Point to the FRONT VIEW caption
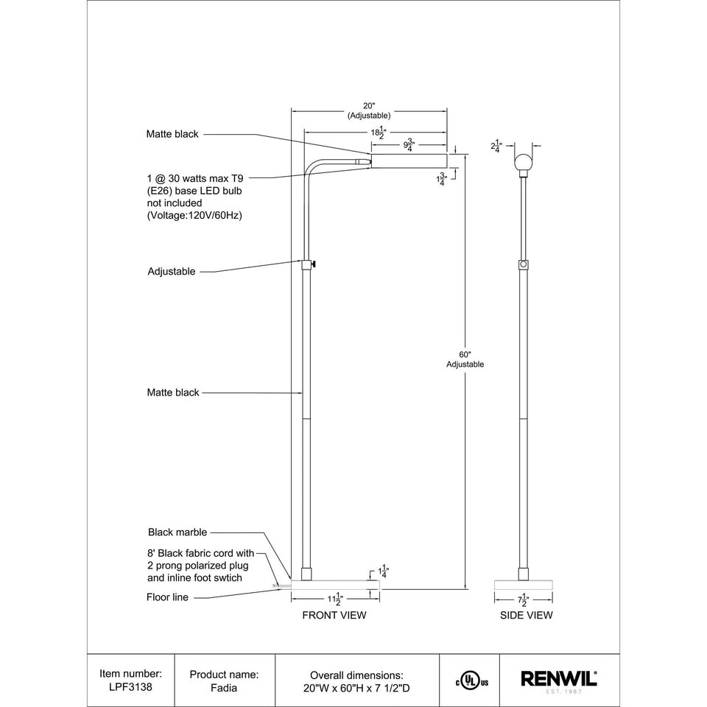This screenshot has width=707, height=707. point(334,615)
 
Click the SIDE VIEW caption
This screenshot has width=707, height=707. point(526,615)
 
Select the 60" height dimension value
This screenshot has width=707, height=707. point(465,353)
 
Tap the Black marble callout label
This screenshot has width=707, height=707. point(177,532)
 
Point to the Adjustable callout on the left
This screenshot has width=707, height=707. point(172,271)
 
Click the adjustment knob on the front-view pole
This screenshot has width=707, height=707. point(314,263)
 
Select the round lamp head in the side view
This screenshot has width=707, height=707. point(524,162)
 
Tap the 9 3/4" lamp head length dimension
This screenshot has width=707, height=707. point(409,144)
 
